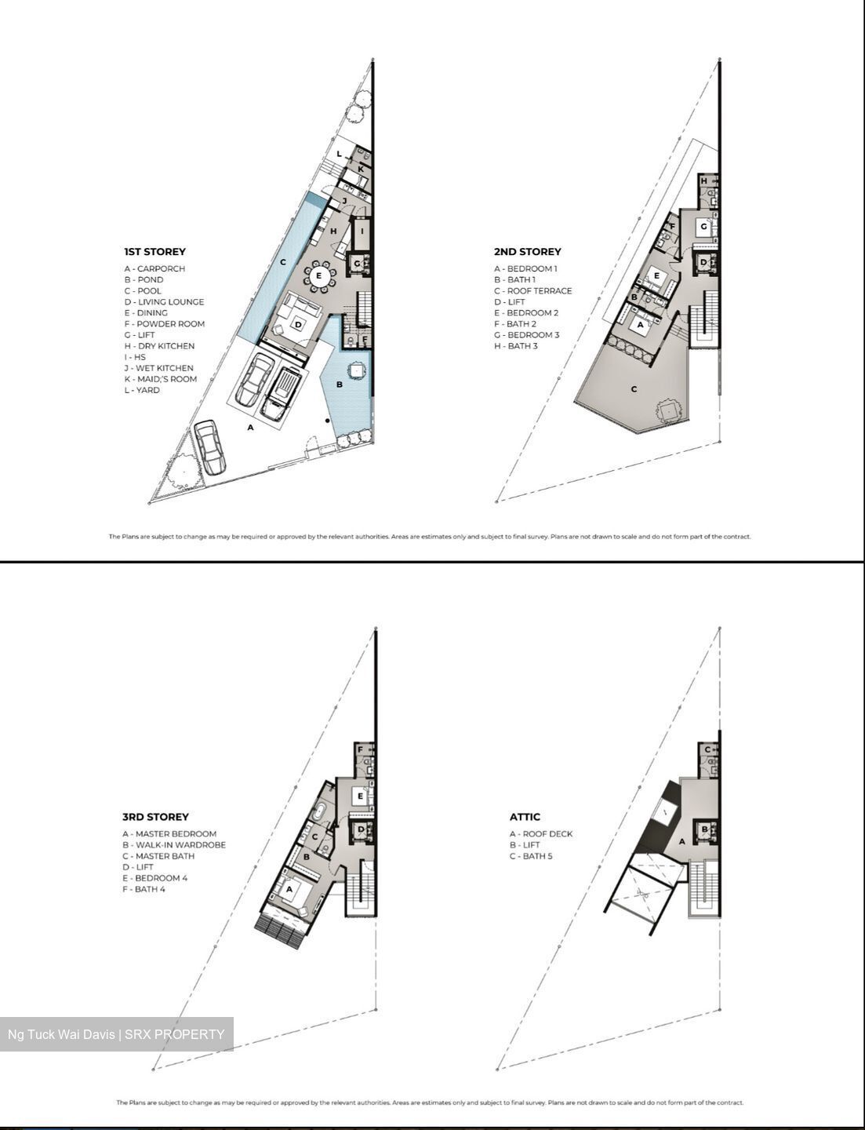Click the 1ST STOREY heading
click(x=154, y=252)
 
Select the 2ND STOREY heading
click(x=527, y=252)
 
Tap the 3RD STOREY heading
click(x=155, y=817)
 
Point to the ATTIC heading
click(x=525, y=817)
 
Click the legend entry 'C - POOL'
click(x=142, y=290)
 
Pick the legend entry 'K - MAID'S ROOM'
click(x=160, y=379)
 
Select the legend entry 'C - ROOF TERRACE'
click(x=532, y=290)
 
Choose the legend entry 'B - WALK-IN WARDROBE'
click(x=173, y=845)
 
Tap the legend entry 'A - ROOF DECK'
click(x=540, y=834)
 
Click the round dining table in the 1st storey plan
click(x=318, y=276)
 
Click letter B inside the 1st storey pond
click(x=339, y=385)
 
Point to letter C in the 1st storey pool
click(x=283, y=262)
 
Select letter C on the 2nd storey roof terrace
click(x=634, y=389)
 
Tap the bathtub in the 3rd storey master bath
click(x=321, y=813)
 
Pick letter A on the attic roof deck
click(x=681, y=841)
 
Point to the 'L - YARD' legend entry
click(x=141, y=390)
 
